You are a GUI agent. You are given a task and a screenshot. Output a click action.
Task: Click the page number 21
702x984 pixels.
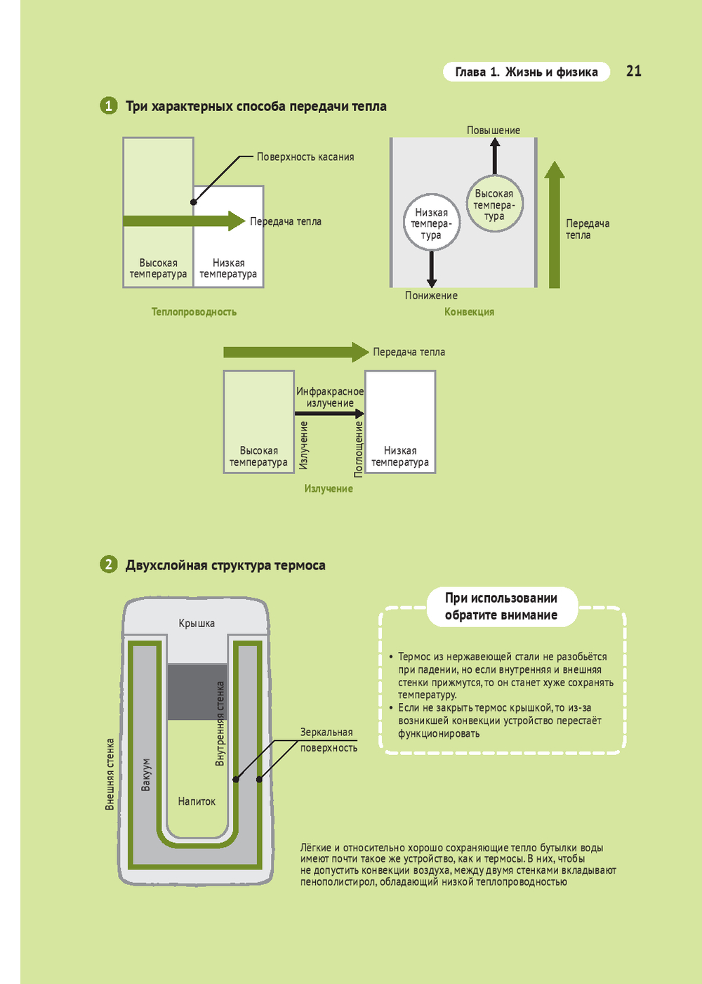pyautogui.click(x=633, y=71)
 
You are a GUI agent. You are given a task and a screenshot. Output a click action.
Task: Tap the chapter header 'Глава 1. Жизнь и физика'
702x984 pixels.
pyautogui.click(x=526, y=72)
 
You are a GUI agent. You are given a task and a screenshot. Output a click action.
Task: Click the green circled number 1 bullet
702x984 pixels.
pyautogui.click(x=108, y=106)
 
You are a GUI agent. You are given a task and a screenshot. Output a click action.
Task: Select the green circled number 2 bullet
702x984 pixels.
pyautogui.click(x=108, y=565)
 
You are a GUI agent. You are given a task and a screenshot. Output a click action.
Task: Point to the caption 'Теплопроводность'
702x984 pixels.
pyautogui.click(x=194, y=312)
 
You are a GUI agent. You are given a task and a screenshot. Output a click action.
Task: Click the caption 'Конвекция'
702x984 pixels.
pyautogui.click(x=469, y=312)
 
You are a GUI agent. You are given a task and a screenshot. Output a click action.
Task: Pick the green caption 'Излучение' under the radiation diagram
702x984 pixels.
pyautogui.click(x=329, y=489)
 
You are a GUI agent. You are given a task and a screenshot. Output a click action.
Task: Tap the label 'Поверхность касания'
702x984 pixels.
pyautogui.click(x=305, y=157)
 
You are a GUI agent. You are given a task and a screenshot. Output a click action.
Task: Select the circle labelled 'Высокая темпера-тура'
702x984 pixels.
pyautogui.click(x=494, y=204)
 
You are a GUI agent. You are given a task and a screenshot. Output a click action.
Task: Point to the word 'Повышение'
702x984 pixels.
pyautogui.click(x=494, y=131)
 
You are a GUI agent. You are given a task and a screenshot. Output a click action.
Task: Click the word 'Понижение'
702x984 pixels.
pyautogui.click(x=431, y=296)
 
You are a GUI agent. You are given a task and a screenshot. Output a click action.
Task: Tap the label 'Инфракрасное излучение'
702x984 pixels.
pyautogui.click(x=330, y=398)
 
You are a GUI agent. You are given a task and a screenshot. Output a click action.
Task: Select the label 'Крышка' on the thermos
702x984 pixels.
pyautogui.click(x=197, y=624)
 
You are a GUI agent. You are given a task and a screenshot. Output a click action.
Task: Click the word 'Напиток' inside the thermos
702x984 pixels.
pyautogui.click(x=197, y=801)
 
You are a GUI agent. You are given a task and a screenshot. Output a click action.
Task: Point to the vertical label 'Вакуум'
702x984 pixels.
pyautogui.click(x=146, y=775)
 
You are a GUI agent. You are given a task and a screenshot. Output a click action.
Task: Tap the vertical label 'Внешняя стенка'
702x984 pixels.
pyautogui.click(x=110, y=775)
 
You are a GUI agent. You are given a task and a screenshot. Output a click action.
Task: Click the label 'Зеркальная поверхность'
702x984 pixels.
pyautogui.click(x=328, y=740)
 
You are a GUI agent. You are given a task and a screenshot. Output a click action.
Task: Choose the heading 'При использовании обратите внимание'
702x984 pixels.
pyautogui.click(x=501, y=607)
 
